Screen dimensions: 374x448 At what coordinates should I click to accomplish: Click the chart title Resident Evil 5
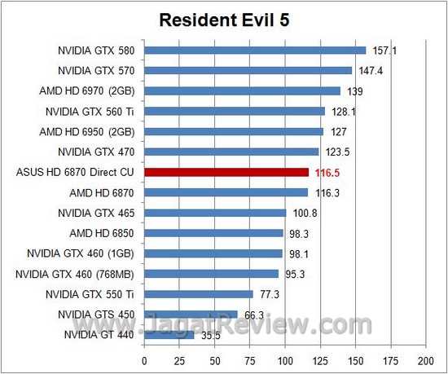(224, 20)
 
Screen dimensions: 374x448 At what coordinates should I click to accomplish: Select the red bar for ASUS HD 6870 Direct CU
(226, 172)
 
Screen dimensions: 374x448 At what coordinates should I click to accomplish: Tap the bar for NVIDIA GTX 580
(255, 50)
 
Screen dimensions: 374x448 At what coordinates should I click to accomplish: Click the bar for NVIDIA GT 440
(169, 334)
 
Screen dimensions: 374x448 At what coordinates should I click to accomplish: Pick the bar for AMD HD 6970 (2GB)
(242, 90)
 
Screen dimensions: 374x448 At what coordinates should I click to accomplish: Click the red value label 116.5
(326, 172)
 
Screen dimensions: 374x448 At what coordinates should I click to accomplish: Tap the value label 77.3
(270, 293)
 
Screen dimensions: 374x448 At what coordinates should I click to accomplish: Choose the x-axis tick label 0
(144, 359)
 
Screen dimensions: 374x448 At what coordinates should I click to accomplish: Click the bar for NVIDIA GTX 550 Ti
(199, 293)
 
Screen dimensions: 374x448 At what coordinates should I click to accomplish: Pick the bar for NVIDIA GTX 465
(215, 213)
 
